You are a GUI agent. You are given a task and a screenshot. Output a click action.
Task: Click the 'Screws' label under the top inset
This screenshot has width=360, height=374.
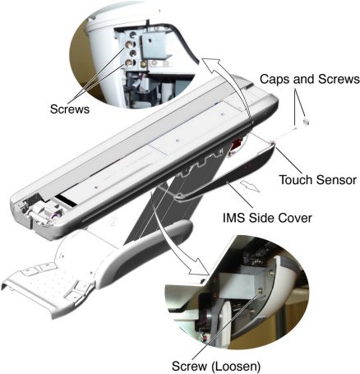(x=70, y=109)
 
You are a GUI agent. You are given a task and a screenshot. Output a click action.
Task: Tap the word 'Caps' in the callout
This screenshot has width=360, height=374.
(x=273, y=79)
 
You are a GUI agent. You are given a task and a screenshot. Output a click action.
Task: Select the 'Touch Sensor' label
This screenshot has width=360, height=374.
(x=317, y=180)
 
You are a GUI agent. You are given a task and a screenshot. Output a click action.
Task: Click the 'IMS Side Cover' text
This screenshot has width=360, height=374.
(x=267, y=219)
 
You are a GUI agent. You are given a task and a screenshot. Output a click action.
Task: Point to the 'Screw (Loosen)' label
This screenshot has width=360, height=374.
(x=216, y=366)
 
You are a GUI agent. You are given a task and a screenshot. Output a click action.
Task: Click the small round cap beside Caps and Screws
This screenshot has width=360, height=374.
(x=306, y=121)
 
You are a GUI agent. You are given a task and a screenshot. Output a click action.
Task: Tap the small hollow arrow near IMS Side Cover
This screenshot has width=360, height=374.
(x=249, y=186)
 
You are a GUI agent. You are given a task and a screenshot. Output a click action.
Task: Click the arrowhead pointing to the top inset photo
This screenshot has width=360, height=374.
(x=210, y=63)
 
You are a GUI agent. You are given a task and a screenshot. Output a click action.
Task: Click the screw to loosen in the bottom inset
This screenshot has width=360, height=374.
(x=260, y=291)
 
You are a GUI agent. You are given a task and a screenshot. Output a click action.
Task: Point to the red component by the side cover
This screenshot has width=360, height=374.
(x=236, y=145)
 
